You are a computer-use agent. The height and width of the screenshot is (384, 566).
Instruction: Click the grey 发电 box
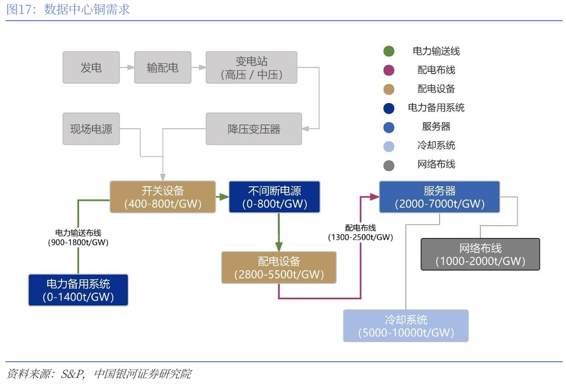[91, 67]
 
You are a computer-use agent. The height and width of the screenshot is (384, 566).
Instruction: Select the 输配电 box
[163, 67]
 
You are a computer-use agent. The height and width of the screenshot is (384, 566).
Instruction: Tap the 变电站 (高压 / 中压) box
[252, 67]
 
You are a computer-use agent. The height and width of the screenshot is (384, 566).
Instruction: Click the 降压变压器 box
[254, 129]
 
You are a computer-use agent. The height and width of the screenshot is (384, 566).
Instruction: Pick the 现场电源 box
[91, 129]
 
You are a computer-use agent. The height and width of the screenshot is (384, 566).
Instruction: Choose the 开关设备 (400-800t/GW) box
[163, 197]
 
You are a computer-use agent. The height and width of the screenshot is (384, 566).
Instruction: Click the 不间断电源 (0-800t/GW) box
[274, 197]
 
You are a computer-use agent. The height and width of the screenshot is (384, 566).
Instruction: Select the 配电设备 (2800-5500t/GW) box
[279, 268]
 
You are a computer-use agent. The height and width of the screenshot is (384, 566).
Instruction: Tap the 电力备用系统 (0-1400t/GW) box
[78, 290]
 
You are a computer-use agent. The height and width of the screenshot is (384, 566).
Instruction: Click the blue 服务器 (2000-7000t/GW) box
[439, 197]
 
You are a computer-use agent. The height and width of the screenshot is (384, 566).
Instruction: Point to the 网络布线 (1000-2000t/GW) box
[480, 255]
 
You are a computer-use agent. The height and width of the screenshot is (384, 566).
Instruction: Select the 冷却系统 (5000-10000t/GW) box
[406, 325]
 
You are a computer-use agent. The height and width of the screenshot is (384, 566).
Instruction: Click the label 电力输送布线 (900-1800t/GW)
[78, 237]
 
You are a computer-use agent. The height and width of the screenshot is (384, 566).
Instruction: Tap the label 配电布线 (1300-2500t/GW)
[360, 232]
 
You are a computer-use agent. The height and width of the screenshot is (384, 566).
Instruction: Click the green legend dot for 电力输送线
[389, 51]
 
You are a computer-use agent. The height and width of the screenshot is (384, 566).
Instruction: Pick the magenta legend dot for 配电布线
[389, 70]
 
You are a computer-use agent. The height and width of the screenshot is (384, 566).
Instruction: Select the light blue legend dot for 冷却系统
[389, 146]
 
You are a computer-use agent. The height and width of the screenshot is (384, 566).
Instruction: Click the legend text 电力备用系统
[436, 108]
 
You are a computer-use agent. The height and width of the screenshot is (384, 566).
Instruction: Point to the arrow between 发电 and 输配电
[127, 67]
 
